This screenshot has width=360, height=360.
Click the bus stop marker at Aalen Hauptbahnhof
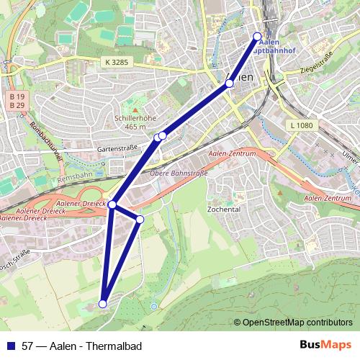click(x=258, y=35)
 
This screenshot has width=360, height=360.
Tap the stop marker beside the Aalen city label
click(x=229, y=84)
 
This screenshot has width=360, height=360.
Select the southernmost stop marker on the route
click(x=103, y=304)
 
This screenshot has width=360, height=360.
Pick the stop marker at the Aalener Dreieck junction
click(x=112, y=204)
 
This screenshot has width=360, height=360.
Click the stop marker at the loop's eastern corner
click(x=140, y=219)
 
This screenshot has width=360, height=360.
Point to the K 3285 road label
click(x=117, y=63)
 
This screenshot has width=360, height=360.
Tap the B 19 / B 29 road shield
click(x=17, y=101)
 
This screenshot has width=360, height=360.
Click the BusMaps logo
click(x=325, y=345)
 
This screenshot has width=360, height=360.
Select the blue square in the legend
click(x=11, y=346)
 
